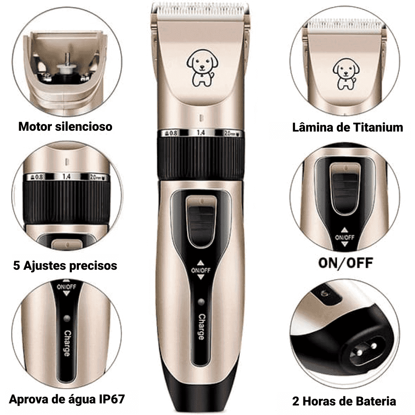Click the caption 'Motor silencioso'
(x=66, y=127)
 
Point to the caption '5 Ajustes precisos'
(x=65, y=266)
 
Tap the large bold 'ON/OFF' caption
(x=346, y=263)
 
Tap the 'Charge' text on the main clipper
(x=201, y=327)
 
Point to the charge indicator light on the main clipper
(x=201, y=302)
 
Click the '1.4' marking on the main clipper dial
(x=200, y=133)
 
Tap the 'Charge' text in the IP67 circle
(x=67, y=343)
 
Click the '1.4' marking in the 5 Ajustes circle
(x=67, y=176)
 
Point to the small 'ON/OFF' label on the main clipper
(x=200, y=271)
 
